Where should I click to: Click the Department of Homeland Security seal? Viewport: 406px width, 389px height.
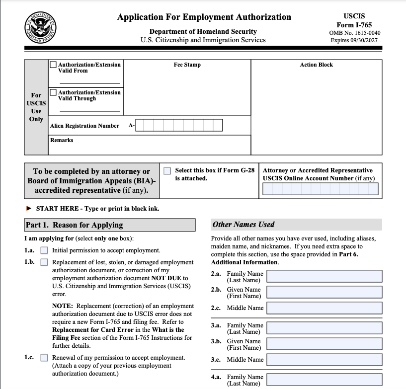(40, 26)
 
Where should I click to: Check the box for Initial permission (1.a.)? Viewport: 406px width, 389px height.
(44, 250)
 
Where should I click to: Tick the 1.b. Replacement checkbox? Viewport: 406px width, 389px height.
(44, 262)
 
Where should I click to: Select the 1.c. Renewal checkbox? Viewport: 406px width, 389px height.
(44, 358)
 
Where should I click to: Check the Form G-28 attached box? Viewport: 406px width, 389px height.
(167, 170)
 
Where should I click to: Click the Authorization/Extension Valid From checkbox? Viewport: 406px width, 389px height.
(53, 65)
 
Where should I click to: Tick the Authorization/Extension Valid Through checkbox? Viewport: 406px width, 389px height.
(53, 92)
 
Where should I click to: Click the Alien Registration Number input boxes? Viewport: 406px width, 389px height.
(179, 125)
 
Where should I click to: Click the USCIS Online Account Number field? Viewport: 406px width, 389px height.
(320, 189)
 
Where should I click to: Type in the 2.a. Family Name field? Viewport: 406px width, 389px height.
(324, 276)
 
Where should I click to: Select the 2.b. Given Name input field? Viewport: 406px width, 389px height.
(324, 292)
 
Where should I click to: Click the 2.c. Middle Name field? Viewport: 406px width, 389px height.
(324, 308)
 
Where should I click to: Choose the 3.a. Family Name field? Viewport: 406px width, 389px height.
(324, 328)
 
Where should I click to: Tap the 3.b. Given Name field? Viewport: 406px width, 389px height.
(324, 344)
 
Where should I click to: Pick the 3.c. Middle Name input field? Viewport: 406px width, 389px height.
(324, 360)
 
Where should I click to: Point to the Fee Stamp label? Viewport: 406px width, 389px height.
(187, 65)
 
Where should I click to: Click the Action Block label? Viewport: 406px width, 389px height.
(316, 65)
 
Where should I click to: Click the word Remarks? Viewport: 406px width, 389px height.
(62, 140)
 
